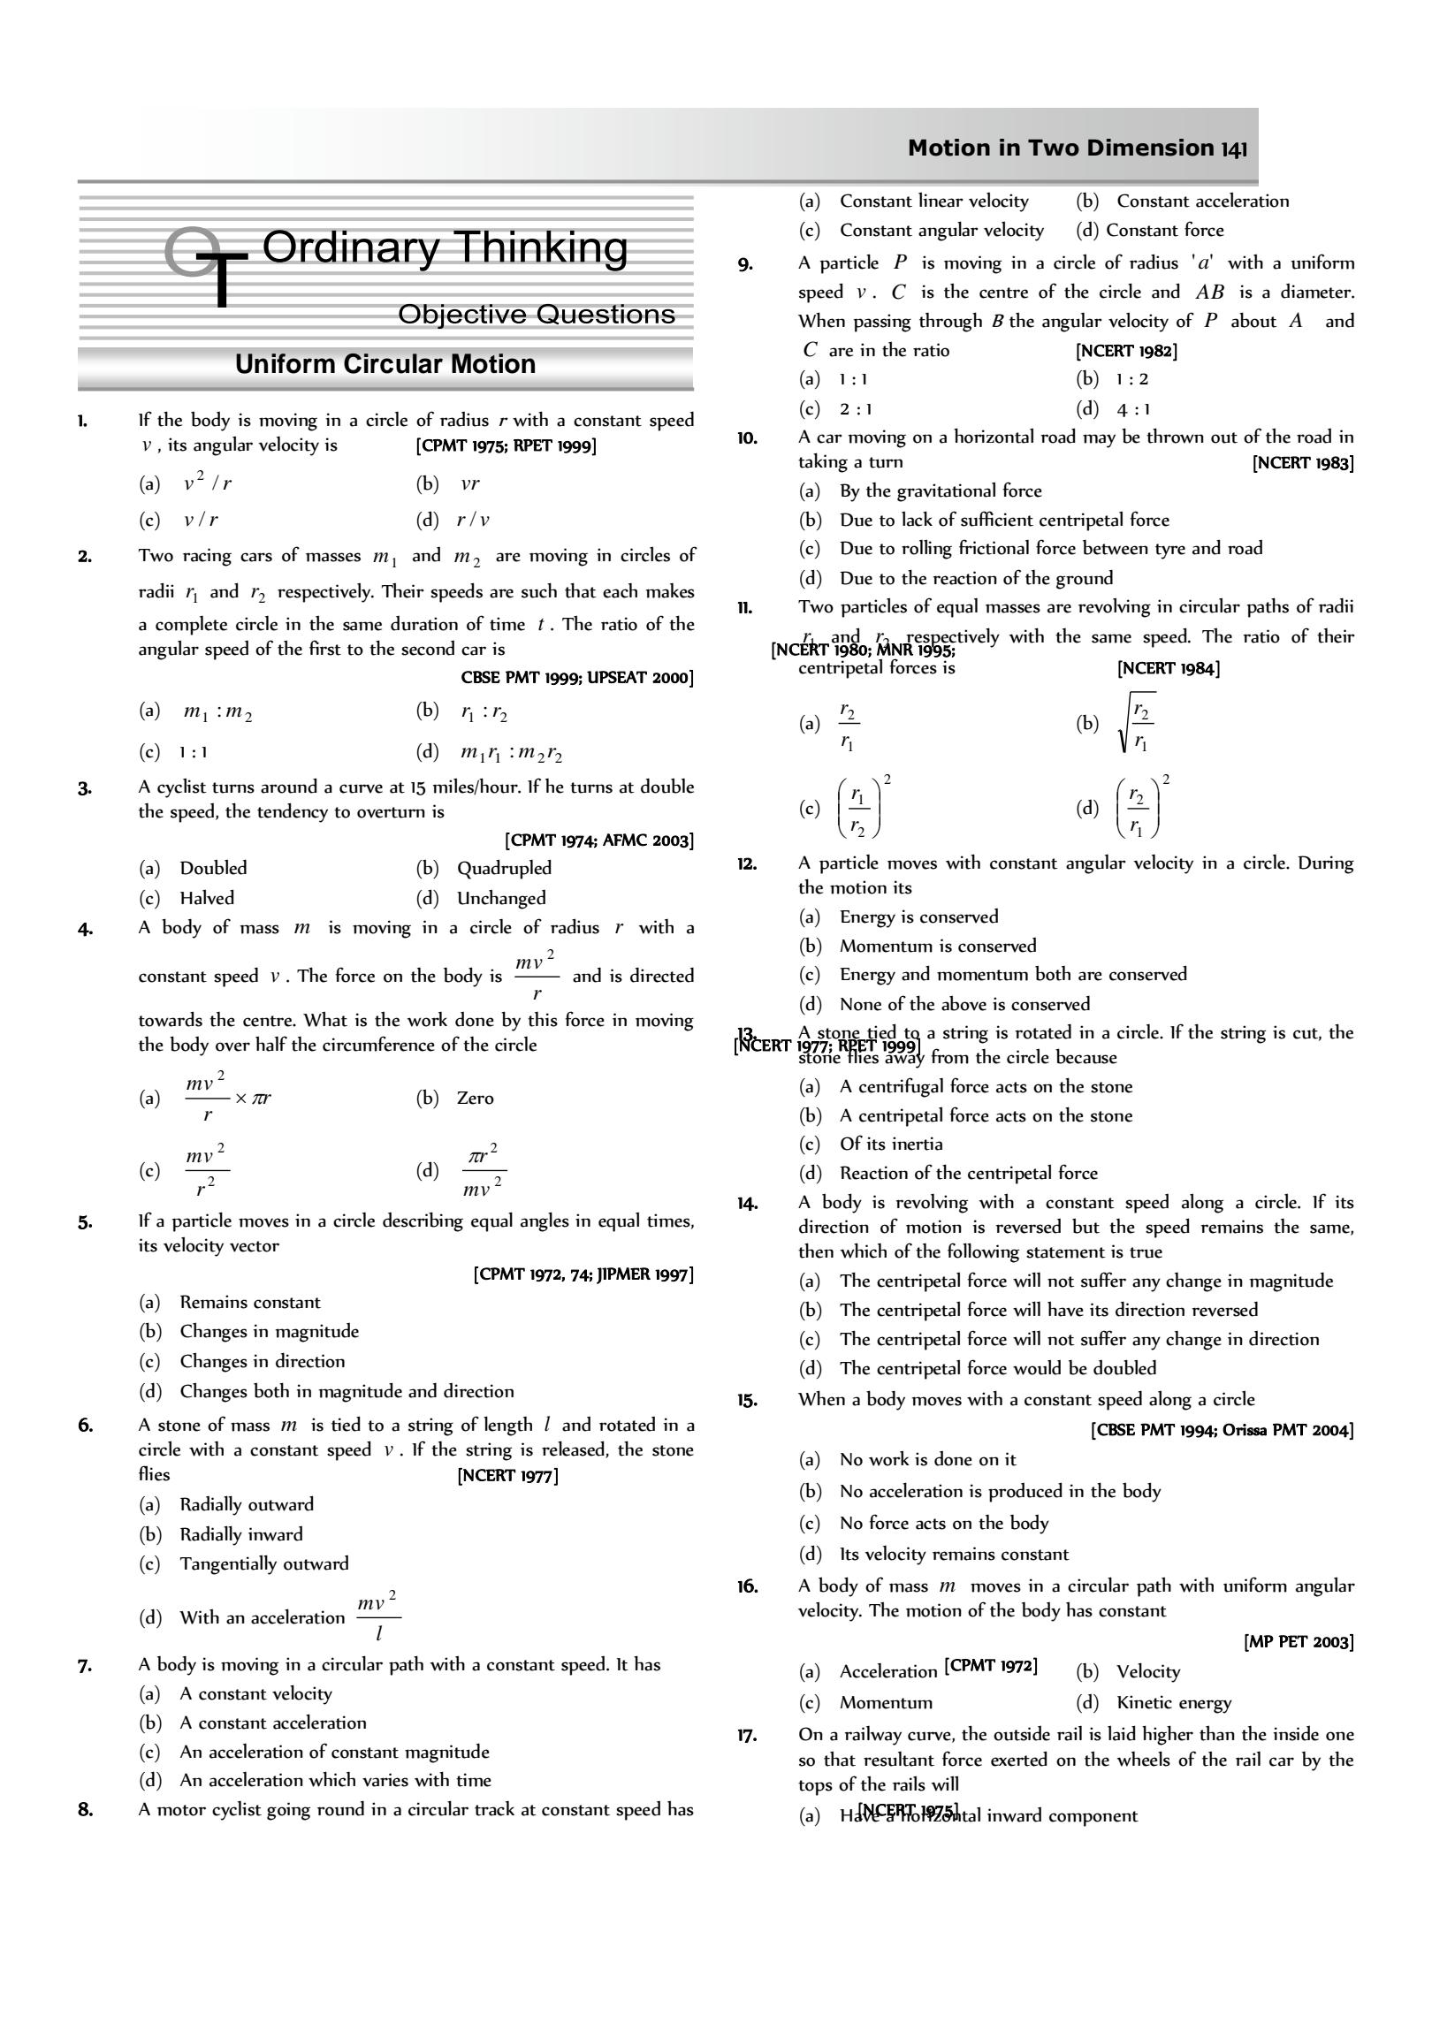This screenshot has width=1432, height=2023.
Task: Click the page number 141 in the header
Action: click(1234, 148)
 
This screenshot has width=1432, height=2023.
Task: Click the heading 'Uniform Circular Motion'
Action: click(385, 364)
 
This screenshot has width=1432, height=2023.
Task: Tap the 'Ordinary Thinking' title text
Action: click(445, 247)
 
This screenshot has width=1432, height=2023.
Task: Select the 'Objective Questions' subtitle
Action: click(537, 314)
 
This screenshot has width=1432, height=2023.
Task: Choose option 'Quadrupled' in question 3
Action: click(504, 868)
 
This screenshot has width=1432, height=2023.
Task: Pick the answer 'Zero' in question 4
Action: click(476, 1098)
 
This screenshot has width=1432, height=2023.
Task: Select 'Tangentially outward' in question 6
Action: click(264, 1563)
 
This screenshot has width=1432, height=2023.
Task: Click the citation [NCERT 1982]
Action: click(1126, 351)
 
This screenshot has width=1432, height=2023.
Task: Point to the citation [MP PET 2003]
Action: click(1299, 1641)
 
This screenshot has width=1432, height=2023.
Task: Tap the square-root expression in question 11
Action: click(1137, 724)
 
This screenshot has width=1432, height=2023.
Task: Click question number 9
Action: click(745, 263)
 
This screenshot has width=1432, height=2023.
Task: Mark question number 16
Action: click(747, 1586)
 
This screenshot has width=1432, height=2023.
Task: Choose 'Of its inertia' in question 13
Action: click(891, 1144)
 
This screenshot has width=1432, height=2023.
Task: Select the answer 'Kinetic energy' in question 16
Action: click(1174, 1702)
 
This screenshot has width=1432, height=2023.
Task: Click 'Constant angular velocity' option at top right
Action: click(941, 231)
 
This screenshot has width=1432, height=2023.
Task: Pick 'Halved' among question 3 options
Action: click(207, 898)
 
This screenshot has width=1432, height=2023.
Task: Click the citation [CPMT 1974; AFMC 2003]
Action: click(599, 840)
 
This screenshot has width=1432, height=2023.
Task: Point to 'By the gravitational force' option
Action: click(941, 491)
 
